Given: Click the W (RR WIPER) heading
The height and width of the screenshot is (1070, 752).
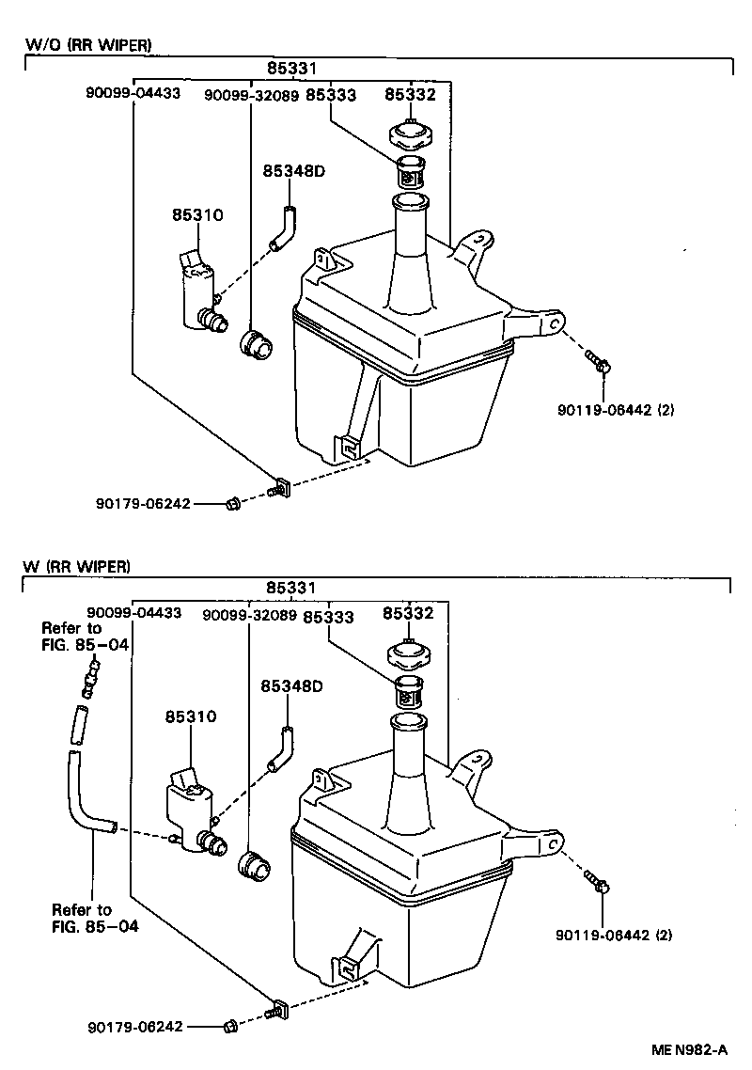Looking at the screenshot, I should pyautogui.click(x=77, y=566).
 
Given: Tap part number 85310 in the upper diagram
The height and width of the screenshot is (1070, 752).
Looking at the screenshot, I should pyautogui.click(x=196, y=215).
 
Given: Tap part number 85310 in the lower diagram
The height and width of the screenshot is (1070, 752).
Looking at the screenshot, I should pyautogui.click(x=191, y=716).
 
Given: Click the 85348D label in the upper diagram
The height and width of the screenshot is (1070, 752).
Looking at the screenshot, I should pyautogui.click(x=293, y=171).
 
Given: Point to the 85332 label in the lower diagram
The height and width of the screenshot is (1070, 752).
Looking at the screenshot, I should pyautogui.click(x=408, y=614).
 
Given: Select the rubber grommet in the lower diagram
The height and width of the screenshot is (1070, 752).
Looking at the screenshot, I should pyautogui.click(x=255, y=864).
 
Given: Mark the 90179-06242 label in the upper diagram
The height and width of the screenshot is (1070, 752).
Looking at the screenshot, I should pyautogui.click(x=143, y=504).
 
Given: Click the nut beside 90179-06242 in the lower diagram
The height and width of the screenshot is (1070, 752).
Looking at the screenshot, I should pyautogui.click(x=230, y=1026).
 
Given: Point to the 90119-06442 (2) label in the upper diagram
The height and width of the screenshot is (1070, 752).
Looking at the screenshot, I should pyautogui.click(x=615, y=410).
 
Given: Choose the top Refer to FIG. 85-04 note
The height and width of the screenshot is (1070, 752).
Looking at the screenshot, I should pyautogui.click(x=84, y=636).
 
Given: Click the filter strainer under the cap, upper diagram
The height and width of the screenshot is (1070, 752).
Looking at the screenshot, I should pyautogui.click(x=409, y=173).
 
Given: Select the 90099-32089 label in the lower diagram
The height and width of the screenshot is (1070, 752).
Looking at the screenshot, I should pyautogui.click(x=249, y=615).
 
